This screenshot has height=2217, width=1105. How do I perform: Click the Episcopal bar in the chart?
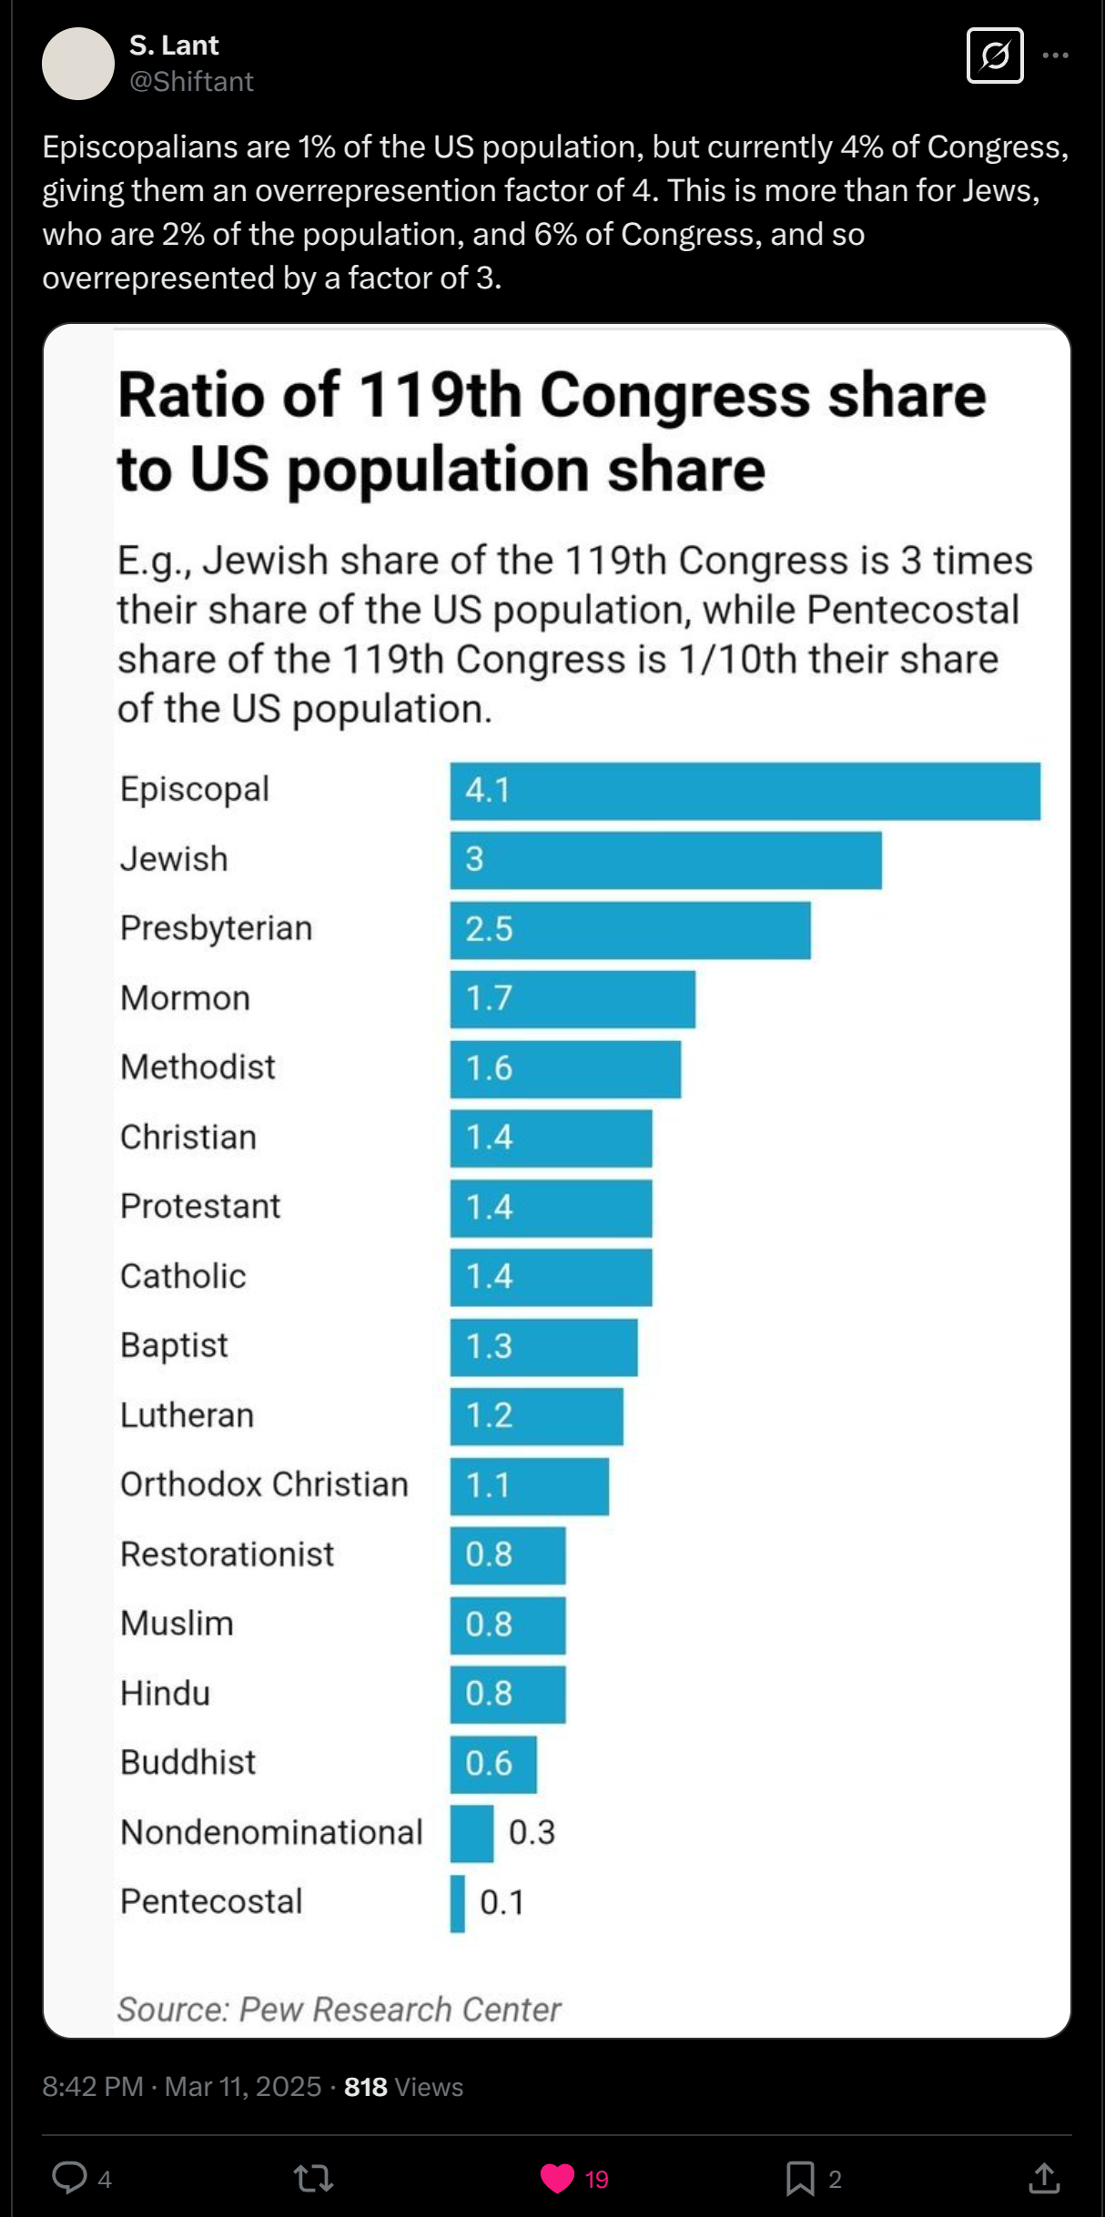745,791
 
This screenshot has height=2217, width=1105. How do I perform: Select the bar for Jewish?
665,860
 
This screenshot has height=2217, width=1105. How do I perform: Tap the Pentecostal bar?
458,1903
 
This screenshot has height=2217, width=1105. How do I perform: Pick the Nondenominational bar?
471,1834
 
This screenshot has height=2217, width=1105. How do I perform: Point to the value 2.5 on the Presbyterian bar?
489,929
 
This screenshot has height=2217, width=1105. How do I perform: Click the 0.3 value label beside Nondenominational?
532,1833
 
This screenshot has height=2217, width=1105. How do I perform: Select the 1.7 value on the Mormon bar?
489,998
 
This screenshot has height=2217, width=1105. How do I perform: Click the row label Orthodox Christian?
264,1484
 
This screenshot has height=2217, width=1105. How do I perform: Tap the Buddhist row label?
188,1763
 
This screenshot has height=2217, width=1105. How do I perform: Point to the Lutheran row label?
188,1415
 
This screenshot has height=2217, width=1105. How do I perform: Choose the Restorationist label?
228,1554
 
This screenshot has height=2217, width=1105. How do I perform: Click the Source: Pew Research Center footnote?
339,2009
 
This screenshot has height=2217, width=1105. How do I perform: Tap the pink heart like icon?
557,2178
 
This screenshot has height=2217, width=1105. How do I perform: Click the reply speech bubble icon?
69,2178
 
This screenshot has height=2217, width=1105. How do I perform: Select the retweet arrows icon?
313,2178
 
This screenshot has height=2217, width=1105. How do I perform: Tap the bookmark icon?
800,2178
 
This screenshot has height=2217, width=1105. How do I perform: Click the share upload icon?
1044,2178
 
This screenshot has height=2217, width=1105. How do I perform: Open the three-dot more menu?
1055,56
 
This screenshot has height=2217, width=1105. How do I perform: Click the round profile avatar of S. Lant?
78,64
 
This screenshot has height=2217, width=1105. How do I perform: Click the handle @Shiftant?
191,82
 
